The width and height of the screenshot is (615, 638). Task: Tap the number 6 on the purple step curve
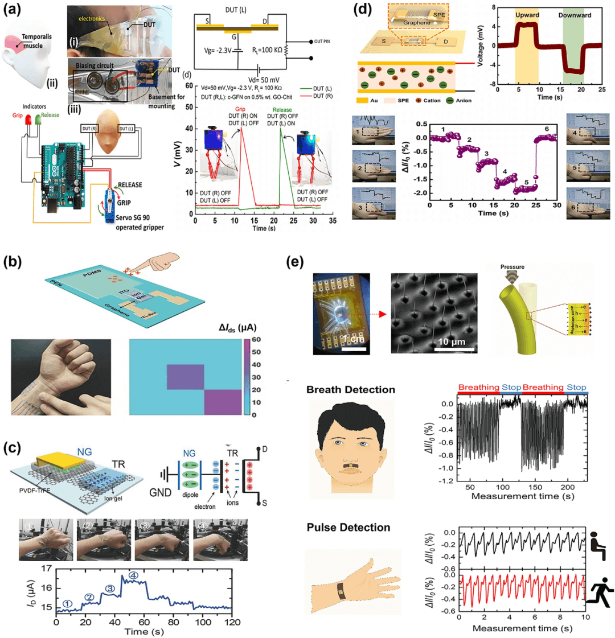pos(546,130)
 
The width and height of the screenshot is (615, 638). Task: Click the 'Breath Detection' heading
pos(350,390)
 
